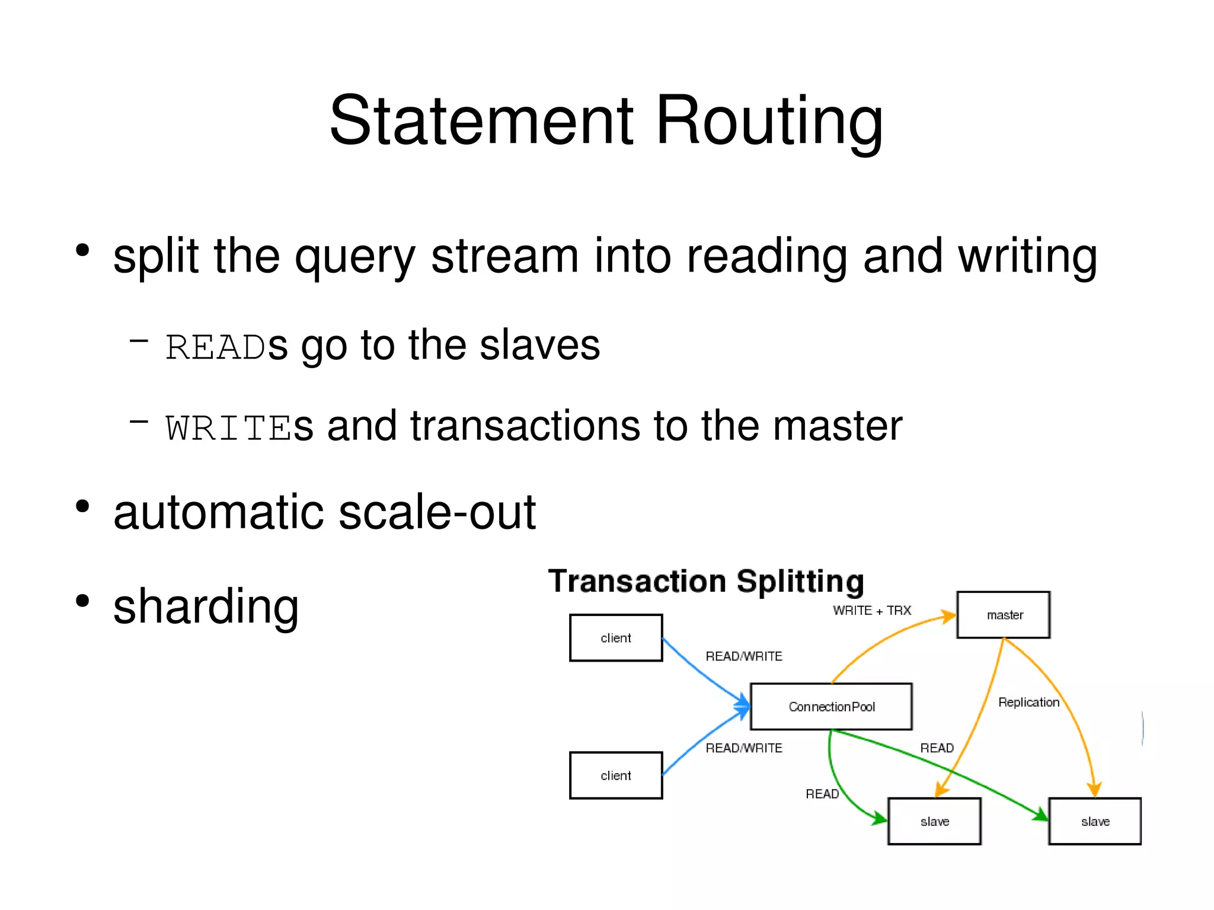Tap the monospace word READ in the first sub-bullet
215,348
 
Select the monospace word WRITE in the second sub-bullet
229,429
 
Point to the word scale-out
437,513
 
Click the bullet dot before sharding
82,601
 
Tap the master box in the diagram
1004,615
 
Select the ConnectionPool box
831,707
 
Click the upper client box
616,638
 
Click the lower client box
616,775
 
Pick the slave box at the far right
1095,822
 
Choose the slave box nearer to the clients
934,822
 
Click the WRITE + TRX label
871,611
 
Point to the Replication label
1028,703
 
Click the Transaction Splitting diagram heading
705,582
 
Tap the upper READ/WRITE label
743,656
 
